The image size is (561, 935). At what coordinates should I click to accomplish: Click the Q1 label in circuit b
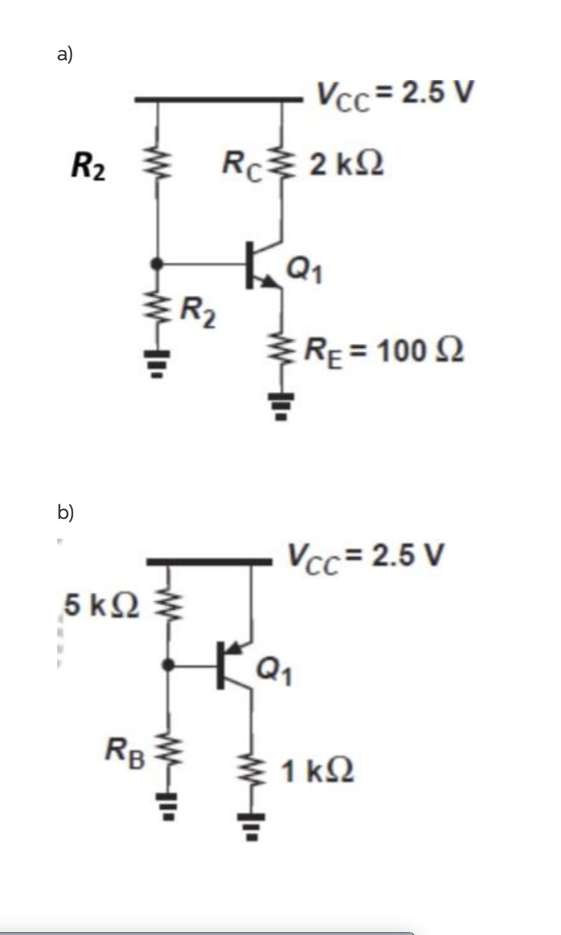pyautogui.click(x=275, y=672)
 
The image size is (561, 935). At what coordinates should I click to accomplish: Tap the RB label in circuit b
pyautogui.click(x=126, y=751)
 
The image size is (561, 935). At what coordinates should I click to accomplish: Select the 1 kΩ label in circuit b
pyautogui.click(x=318, y=770)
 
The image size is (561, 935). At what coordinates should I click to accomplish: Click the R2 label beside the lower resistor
pyautogui.click(x=197, y=311)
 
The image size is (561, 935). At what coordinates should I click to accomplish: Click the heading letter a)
pyautogui.click(x=65, y=55)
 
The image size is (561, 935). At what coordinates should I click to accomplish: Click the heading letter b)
pyautogui.click(x=66, y=511)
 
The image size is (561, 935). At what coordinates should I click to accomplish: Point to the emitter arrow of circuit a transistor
pyautogui.click(x=274, y=285)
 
